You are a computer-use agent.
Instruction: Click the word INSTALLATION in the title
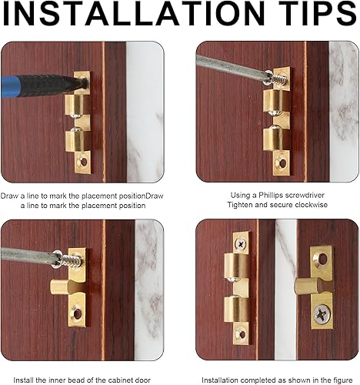tap(133, 13)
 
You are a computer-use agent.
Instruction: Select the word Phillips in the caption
tap(270, 196)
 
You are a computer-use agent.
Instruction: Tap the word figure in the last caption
tap(342, 380)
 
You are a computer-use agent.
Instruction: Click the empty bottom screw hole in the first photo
tap(84, 162)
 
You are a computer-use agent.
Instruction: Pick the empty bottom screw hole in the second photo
tap(282, 163)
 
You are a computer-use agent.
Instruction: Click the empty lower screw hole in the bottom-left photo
tap(77, 313)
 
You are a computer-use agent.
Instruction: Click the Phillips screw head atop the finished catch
tap(242, 243)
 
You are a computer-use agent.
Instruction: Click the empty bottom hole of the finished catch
tap(242, 334)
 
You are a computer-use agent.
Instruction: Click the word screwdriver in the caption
tap(305, 196)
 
